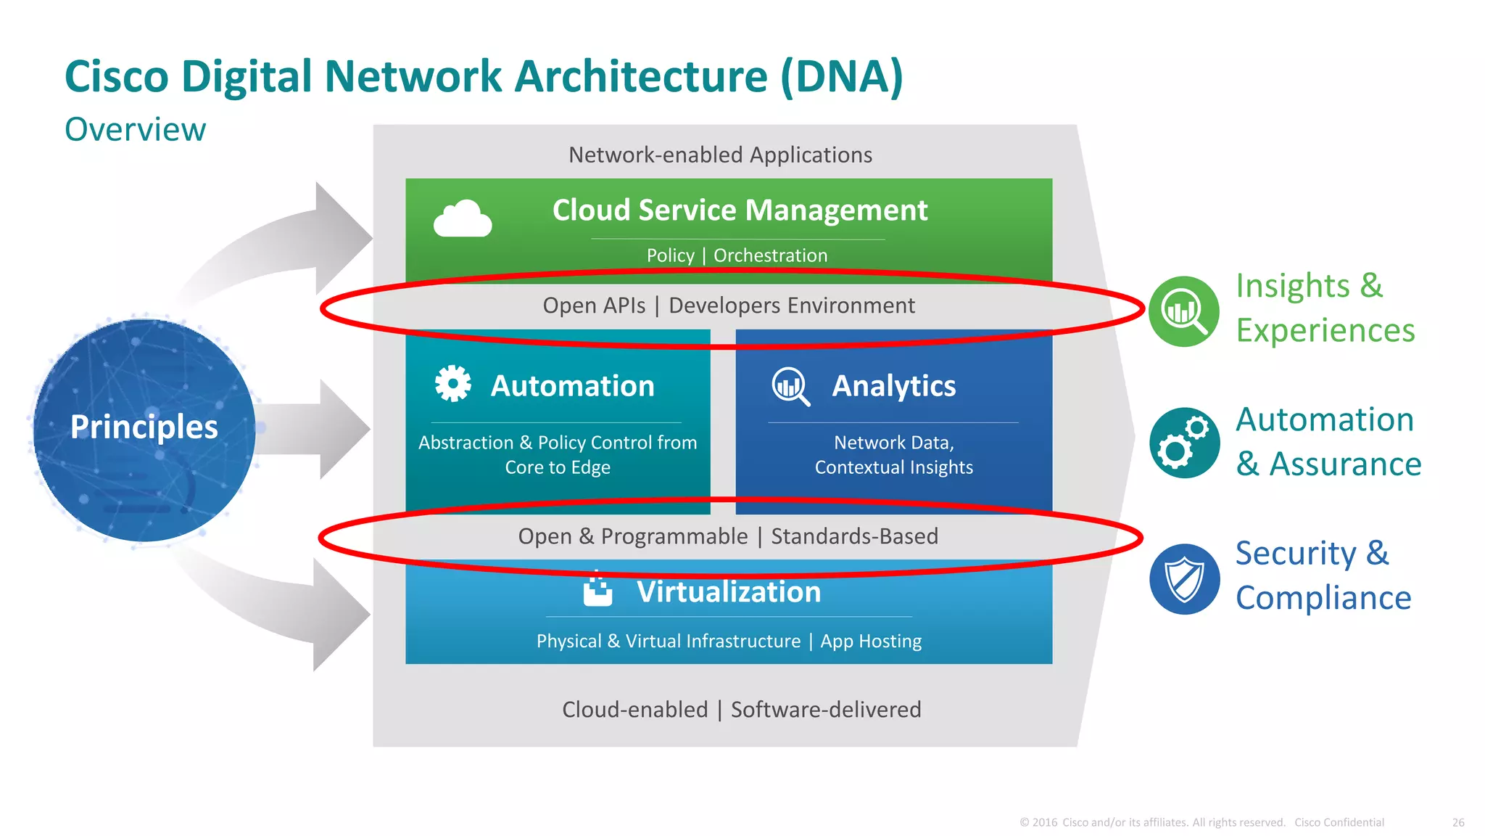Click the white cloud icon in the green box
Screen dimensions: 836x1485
463,218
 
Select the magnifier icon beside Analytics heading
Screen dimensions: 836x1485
790,385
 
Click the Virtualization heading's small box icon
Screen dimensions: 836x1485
598,590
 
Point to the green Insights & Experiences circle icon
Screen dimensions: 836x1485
1184,311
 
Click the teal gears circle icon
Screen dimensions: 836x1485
1184,443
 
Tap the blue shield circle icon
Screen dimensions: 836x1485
1184,579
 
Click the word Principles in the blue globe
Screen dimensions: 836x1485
144,427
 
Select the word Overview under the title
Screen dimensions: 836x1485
135,130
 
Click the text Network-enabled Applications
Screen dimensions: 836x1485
720,155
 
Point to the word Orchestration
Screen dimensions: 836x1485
770,255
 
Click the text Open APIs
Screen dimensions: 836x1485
594,306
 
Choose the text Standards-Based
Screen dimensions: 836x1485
854,536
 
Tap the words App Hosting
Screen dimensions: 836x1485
871,642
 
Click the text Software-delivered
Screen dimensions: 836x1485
826,709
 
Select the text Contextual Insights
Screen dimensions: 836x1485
893,467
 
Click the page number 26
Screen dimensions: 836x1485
1458,822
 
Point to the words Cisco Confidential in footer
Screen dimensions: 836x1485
1339,822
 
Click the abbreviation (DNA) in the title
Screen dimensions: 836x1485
842,77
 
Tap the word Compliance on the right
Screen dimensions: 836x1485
1323,598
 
